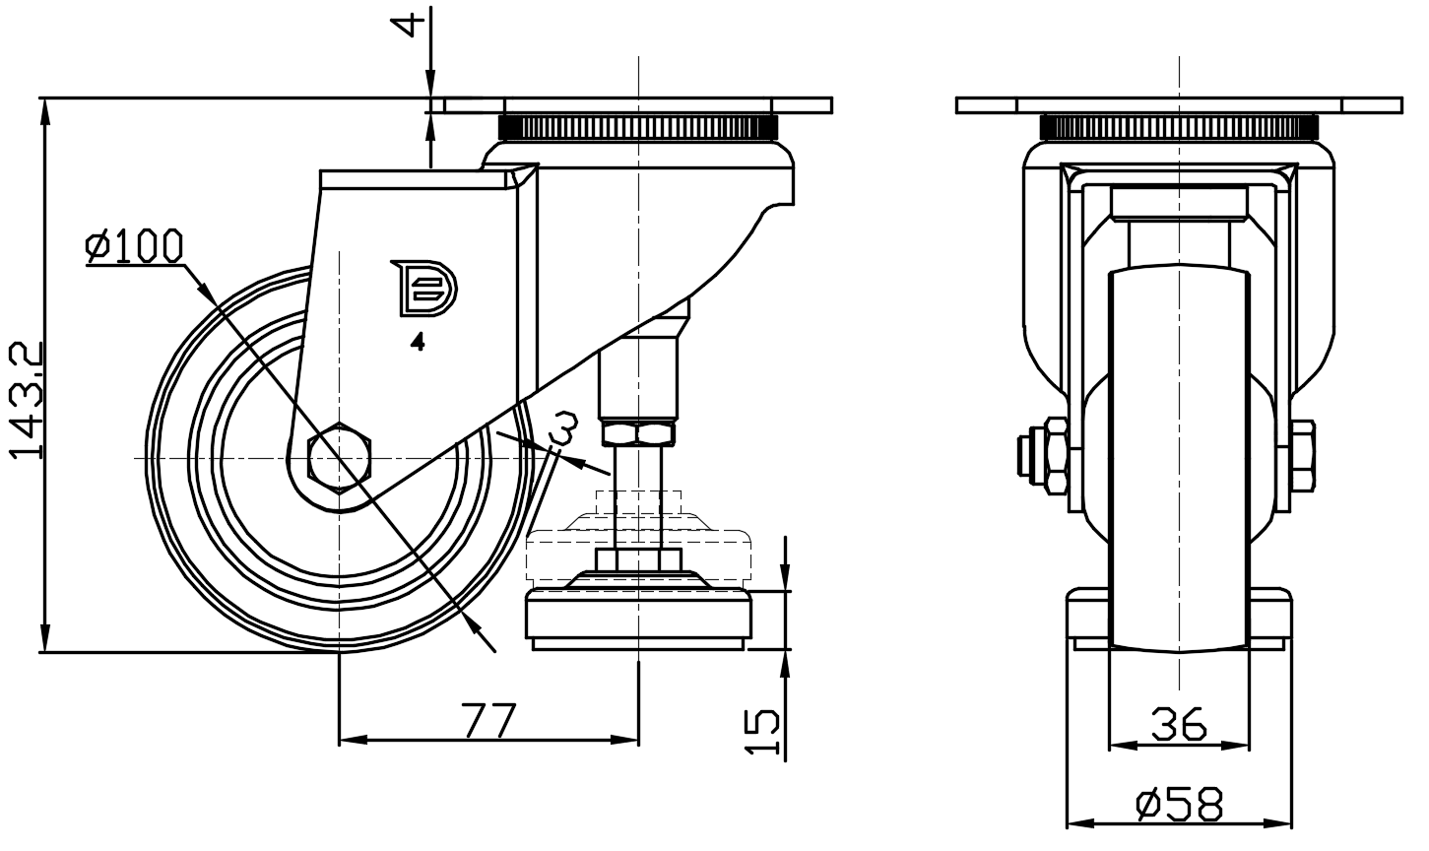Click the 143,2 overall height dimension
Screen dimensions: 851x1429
(x=27, y=399)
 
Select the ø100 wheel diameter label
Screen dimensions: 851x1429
(x=134, y=246)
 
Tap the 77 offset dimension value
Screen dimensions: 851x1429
(x=488, y=721)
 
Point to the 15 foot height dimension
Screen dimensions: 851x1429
(x=763, y=732)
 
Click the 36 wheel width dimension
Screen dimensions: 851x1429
(x=1178, y=726)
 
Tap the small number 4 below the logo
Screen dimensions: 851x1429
(x=418, y=343)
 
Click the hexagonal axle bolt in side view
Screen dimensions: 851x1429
(x=340, y=458)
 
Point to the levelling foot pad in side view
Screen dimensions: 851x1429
(x=639, y=616)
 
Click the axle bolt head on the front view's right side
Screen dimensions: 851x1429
(x=1301, y=457)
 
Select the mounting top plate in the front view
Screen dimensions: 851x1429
(x=1178, y=105)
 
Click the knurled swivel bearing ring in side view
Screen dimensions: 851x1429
(x=639, y=127)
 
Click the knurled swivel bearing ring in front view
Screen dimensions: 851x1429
(x=1178, y=127)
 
